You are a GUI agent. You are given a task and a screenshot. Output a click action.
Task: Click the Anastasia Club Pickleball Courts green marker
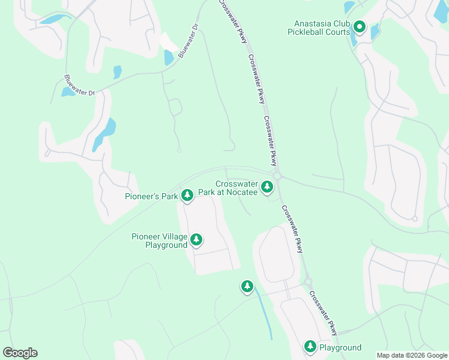pyautogui.click(x=359, y=26)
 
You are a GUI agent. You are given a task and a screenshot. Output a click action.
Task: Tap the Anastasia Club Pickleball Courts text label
pyautogui.click(x=318, y=26)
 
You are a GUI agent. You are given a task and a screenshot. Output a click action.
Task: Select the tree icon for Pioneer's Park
pyautogui.click(x=187, y=195)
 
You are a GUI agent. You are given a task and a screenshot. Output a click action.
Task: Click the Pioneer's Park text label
pyautogui.click(x=152, y=196)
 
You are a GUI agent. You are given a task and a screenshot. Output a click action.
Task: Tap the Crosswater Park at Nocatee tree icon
pyautogui.click(x=267, y=187)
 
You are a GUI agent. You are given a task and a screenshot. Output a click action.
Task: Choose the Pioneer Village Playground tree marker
pyautogui.click(x=196, y=241)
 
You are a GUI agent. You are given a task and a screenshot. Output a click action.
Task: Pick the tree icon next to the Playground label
pyautogui.click(x=310, y=346)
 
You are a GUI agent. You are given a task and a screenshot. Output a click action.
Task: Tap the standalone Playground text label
pyautogui.click(x=340, y=347)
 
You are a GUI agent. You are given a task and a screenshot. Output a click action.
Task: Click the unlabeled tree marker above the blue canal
pyautogui.click(x=247, y=286)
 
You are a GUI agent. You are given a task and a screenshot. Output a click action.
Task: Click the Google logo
pyautogui.click(x=20, y=353)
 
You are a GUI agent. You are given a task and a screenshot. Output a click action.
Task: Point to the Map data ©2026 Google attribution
pyautogui.click(x=412, y=355)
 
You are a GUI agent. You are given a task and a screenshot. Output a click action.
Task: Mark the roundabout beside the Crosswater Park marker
pyautogui.click(x=277, y=175)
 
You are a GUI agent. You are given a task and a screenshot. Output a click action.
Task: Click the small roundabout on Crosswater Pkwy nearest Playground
pyautogui.click(x=308, y=281)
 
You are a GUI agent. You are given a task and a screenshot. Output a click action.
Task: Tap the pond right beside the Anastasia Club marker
pyautogui.click(x=375, y=31)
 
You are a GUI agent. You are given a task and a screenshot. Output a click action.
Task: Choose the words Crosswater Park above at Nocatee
pyautogui.click(x=237, y=184)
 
